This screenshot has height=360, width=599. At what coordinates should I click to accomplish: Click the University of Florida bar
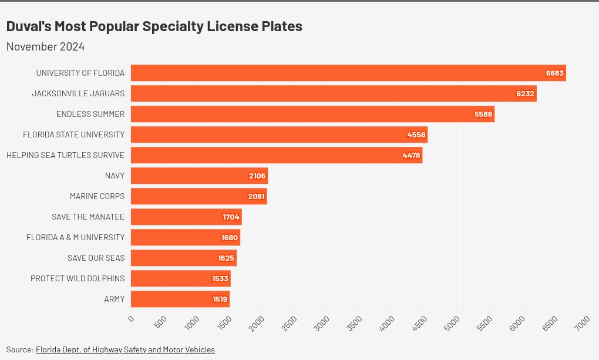[348, 73]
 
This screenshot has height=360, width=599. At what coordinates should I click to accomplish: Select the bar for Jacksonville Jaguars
[334, 93]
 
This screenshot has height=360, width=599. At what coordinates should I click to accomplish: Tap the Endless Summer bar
[313, 115]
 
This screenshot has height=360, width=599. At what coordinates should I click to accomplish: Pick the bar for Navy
[200, 176]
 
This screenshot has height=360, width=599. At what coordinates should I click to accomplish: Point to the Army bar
[180, 300]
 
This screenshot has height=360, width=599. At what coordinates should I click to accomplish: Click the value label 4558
[416, 134]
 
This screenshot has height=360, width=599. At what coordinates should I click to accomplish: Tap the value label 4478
[411, 155]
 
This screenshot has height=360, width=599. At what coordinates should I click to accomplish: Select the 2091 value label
[256, 196]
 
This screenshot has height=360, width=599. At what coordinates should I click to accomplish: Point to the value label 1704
[231, 217]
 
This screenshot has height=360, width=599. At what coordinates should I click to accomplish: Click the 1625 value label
[226, 258]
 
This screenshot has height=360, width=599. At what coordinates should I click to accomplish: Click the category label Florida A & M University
[75, 237]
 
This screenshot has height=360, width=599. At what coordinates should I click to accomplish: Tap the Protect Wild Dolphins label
[78, 278]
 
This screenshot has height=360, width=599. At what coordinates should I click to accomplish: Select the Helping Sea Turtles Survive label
[65, 155]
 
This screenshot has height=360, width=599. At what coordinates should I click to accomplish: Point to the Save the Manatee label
[88, 217]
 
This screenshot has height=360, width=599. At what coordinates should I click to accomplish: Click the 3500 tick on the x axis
[354, 324]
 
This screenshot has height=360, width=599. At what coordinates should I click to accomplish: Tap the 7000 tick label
[582, 324]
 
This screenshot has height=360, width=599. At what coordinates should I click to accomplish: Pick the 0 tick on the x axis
[131, 319]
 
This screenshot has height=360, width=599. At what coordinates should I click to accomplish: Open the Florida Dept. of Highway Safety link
[125, 349]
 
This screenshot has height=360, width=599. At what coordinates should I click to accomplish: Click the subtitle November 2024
[45, 46]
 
